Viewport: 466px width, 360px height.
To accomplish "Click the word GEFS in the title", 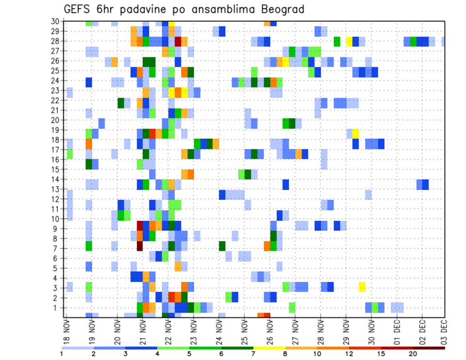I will pos(80,10).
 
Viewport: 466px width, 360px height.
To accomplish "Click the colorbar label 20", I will pos(413,353).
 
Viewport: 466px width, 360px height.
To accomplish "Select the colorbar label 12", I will pos(349,353).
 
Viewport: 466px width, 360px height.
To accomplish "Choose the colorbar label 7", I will pos(253,353).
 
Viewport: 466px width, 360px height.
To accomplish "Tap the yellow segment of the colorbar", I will pos(269,347).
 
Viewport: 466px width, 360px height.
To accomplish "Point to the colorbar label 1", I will pos(62,353).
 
